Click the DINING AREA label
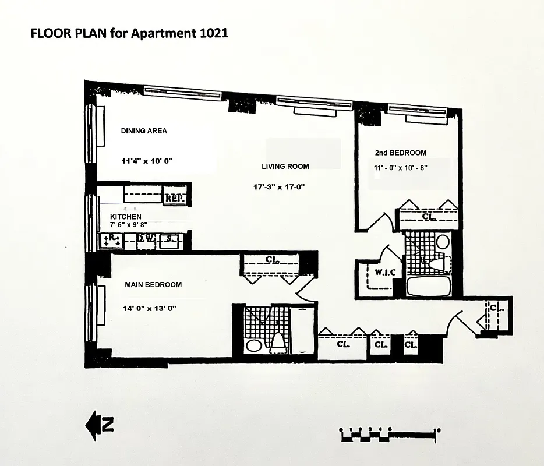point(144,131)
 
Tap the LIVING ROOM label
point(285,167)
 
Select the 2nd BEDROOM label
point(400,153)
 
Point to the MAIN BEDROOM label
point(153,285)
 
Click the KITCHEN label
point(126,217)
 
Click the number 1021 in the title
point(212,33)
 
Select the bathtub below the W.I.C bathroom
point(428,286)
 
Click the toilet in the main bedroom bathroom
point(278,341)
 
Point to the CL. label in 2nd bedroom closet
point(429,216)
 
